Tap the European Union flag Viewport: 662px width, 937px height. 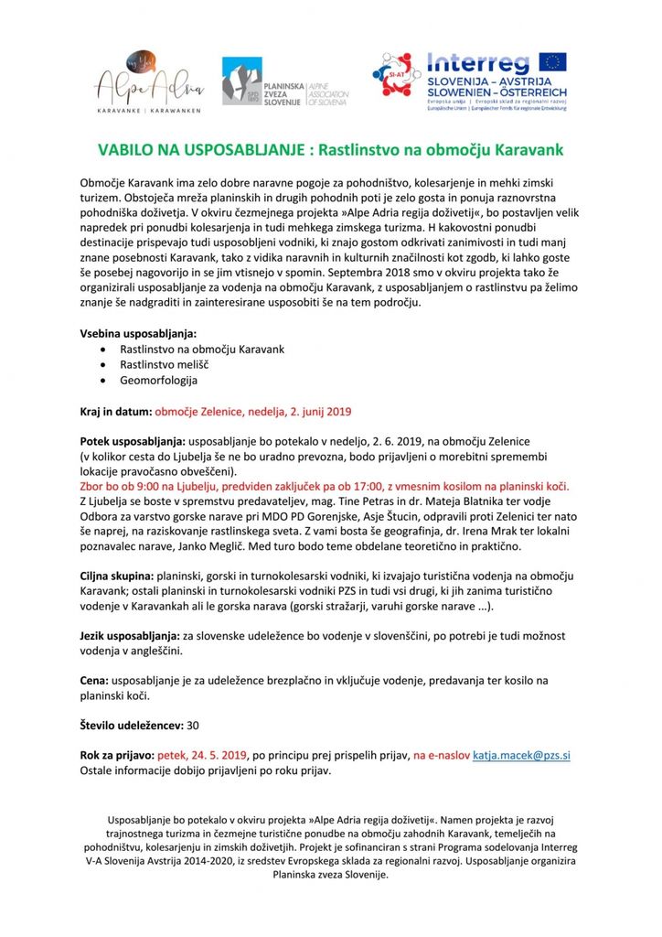coord(551,62)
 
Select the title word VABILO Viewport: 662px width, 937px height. coord(130,148)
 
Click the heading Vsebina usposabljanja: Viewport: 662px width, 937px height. coord(138,334)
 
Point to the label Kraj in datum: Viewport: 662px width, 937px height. coord(116,412)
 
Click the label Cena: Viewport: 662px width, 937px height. coord(95,680)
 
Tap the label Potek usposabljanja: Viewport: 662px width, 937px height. coord(132,441)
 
